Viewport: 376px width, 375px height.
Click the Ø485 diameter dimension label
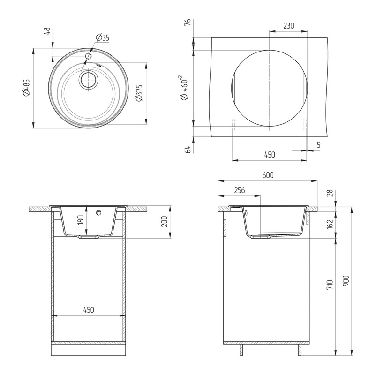pyautogui.click(x=27, y=88)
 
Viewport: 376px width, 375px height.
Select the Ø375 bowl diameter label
pyautogui.click(x=139, y=93)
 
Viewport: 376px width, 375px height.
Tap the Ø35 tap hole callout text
pyautogui.click(x=102, y=37)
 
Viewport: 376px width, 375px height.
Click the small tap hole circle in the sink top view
pyautogui.click(x=89, y=56)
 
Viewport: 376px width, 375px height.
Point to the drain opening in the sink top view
pyautogui.click(x=89, y=80)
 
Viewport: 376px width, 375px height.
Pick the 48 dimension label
pyautogui.click(x=47, y=31)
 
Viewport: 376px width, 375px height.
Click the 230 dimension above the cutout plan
pyautogui.click(x=288, y=26)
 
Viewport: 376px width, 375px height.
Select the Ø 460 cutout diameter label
pyautogui.click(x=184, y=88)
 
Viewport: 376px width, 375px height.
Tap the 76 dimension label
pyautogui.click(x=188, y=22)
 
